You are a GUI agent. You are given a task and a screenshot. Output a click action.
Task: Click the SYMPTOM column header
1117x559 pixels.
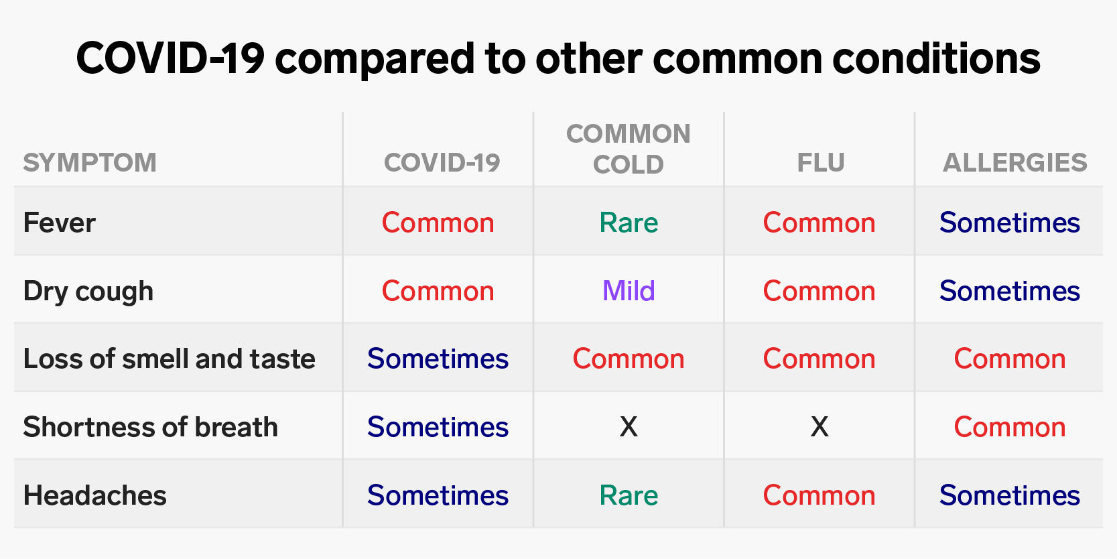[90, 163]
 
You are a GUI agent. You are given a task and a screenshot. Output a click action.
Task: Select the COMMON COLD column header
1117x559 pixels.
[629, 149]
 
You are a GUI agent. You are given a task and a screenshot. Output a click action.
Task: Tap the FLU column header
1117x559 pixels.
[821, 163]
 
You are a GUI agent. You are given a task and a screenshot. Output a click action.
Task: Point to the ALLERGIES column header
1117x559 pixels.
[1014, 163]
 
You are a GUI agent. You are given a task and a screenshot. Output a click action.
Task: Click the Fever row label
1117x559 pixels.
[59, 223]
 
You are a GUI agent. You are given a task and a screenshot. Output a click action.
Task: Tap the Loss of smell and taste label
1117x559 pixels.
[169, 359]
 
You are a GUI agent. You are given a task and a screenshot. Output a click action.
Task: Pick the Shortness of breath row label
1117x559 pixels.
[150, 427]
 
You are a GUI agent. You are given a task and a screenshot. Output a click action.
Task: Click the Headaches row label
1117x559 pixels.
[94, 495]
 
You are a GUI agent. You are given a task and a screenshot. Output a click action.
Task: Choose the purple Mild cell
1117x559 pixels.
[629, 291]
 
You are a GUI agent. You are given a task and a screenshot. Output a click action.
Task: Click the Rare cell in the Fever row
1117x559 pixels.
[629, 223]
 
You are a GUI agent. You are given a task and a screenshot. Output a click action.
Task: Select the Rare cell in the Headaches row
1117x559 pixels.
[629, 495]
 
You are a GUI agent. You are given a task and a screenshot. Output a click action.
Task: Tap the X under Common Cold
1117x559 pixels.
[629, 427]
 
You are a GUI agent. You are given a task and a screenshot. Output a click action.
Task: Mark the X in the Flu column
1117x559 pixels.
[819, 427]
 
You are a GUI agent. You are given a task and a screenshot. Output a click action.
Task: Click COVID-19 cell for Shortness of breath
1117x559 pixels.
[438, 427]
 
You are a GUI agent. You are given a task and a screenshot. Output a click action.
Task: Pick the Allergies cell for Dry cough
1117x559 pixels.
[1010, 291]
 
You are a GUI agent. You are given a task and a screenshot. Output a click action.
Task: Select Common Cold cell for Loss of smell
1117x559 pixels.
[629, 359]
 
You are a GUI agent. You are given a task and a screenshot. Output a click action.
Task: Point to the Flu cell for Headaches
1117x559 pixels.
[819, 495]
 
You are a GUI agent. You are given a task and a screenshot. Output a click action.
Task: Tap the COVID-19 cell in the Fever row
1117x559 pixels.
[438, 223]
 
